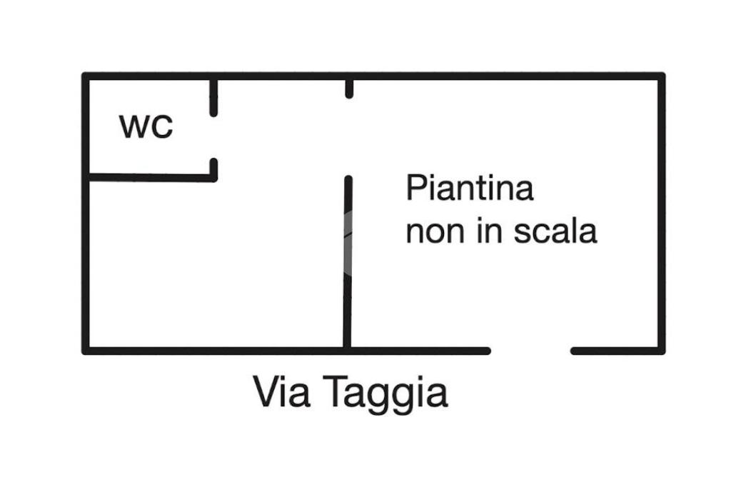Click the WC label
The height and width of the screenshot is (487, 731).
146,127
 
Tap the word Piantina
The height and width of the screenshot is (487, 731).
470,189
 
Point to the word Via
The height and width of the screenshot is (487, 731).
281,392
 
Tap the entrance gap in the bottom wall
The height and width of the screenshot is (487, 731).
530,351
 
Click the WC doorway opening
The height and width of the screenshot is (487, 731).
213,137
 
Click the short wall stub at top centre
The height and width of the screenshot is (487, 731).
349,88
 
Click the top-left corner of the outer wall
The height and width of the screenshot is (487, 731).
86,76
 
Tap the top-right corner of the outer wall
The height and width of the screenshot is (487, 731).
661,76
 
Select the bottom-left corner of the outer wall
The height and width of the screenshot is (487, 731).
86,351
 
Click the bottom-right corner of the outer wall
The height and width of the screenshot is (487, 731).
661,351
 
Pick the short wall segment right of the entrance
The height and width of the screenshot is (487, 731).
615,351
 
